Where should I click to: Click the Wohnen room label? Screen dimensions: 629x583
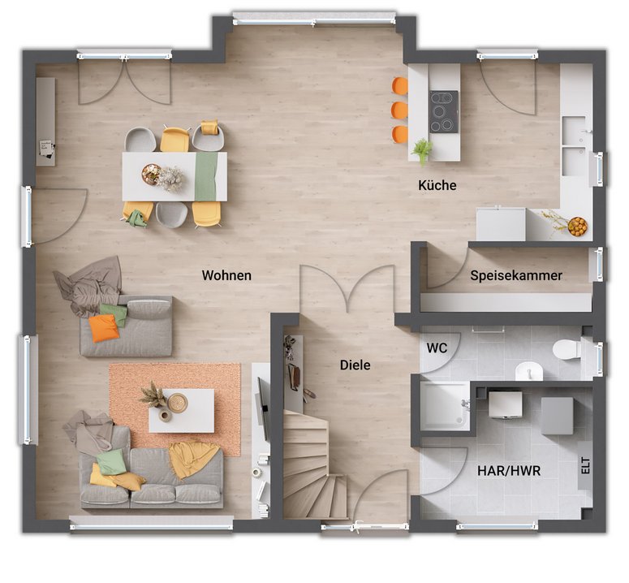[x=226, y=275]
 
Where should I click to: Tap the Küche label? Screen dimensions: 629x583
[x=437, y=185]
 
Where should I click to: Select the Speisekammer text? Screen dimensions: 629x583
[x=516, y=275]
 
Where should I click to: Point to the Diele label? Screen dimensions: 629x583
[x=355, y=365]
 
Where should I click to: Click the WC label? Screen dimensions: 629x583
[x=437, y=348]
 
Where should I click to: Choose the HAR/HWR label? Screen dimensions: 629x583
[x=509, y=471]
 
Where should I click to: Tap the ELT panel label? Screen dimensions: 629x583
[x=586, y=466]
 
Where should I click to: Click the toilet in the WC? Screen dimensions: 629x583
[x=567, y=349]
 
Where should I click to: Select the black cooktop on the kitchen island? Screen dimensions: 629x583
[x=444, y=111]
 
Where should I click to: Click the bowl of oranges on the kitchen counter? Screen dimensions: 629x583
[x=578, y=227]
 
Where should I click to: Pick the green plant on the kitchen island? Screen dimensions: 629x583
[x=422, y=151]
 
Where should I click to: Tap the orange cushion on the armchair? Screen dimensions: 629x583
[x=104, y=328]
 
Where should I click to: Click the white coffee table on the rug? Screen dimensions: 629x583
[x=181, y=411]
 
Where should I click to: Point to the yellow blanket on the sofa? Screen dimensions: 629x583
[x=192, y=459]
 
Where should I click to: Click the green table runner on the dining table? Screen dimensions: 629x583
[x=206, y=176]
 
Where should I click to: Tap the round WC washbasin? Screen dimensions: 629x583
[x=529, y=371]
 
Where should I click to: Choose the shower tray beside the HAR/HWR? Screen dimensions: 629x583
[x=445, y=406]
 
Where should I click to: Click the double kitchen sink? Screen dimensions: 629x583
[x=574, y=146]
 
